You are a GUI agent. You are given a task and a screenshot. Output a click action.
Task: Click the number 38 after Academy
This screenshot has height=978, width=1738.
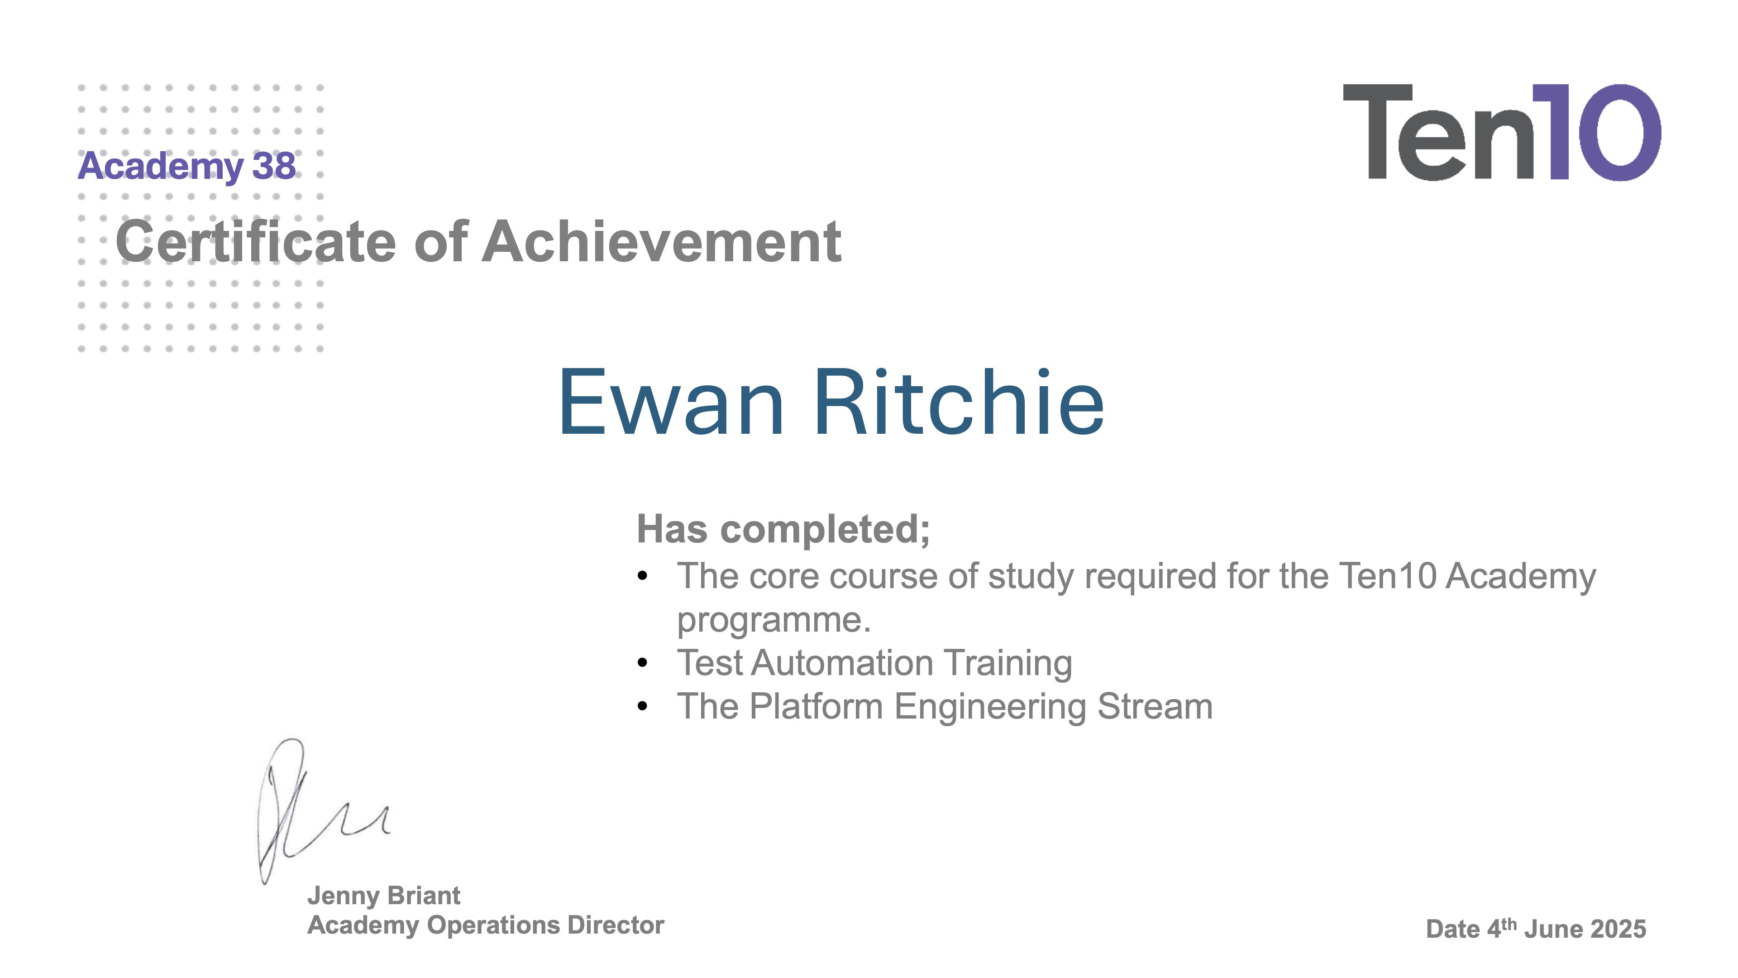click(x=274, y=166)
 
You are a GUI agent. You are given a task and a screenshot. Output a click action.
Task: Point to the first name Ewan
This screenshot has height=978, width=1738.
click(x=671, y=403)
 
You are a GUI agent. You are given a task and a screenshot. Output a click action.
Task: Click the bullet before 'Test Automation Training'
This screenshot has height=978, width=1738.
click(x=642, y=663)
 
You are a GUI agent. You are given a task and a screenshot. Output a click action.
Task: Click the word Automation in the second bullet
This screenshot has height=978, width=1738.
click(x=842, y=663)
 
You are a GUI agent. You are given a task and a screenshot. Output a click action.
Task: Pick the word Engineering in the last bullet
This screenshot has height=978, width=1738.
click(x=990, y=707)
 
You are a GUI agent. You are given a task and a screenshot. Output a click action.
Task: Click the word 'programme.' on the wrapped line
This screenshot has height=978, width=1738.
click(x=773, y=619)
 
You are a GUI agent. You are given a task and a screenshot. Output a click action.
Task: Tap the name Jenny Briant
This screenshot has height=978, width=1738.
click(x=383, y=896)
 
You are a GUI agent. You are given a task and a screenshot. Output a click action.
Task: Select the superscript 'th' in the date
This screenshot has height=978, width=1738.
click(x=1509, y=923)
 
